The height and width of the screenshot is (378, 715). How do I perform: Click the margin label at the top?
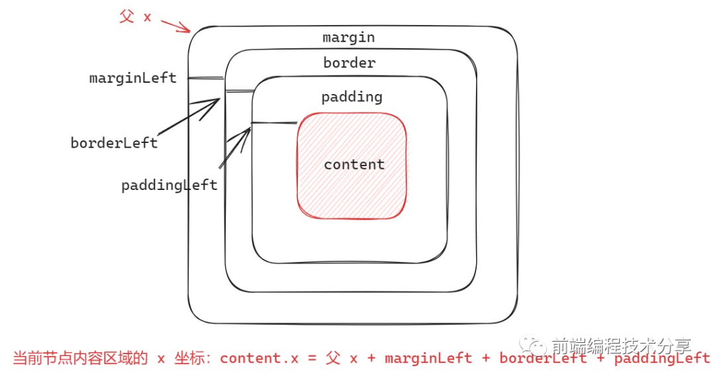[x=349, y=37]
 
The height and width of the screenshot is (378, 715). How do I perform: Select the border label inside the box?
[x=350, y=63]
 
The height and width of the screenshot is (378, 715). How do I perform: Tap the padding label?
[x=352, y=97]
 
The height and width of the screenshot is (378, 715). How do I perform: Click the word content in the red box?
[x=354, y=164]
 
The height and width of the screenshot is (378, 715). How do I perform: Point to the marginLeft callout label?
[x=133, y=78]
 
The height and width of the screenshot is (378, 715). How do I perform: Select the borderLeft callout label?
[x=114, y=143]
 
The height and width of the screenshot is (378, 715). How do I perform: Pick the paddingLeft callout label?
[x=169, y=185]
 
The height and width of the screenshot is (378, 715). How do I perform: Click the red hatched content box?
[x=352, y=199]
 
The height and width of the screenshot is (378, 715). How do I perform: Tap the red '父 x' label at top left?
[x=136, y=17]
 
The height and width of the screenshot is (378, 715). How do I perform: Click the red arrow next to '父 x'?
[x=175, y=26]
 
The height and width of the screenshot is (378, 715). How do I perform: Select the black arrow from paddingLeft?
[x=235, y=148]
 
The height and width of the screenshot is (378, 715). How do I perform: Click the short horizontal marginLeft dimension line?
[x=206, y=78]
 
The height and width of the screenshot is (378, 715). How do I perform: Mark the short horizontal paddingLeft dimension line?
[x=274, y=122]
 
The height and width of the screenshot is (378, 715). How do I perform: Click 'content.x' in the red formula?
[x=259, y=358]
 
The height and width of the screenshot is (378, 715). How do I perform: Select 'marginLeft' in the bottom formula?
[x=428, y=358]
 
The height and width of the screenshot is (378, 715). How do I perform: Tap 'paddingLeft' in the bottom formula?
[x=662, y=358]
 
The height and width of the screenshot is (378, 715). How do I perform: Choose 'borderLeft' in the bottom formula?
[x=543, y=358]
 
